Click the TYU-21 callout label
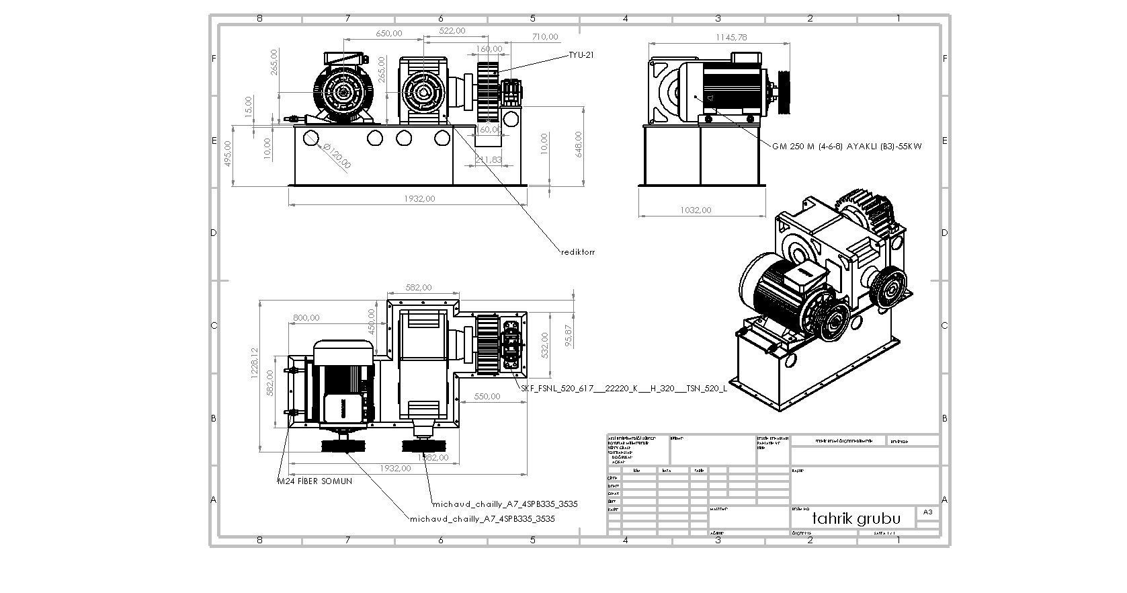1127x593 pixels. [x=581, y=55]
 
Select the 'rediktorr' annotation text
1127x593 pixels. [x=577, y=252]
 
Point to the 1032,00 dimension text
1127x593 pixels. [x=696, y=210]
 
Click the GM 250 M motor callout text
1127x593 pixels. [x=846, y=146]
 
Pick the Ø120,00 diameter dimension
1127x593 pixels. [x=337, y=156]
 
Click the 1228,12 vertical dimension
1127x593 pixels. [x=254, y=364]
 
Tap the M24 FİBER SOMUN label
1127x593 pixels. [x=315, y=481]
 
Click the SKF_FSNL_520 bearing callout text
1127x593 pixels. [x=624, y=389]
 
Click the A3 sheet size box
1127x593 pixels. [x=927, y=512]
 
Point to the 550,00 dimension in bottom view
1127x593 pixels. [x=487, y=397]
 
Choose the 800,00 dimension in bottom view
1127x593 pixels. [x=306, y=317]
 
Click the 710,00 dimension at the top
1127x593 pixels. [x=544, y=37]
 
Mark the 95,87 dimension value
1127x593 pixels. [x=569, y=336]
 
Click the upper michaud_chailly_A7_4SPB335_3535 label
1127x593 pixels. [x=505, y=504]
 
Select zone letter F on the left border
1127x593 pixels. [x=214, y=58]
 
